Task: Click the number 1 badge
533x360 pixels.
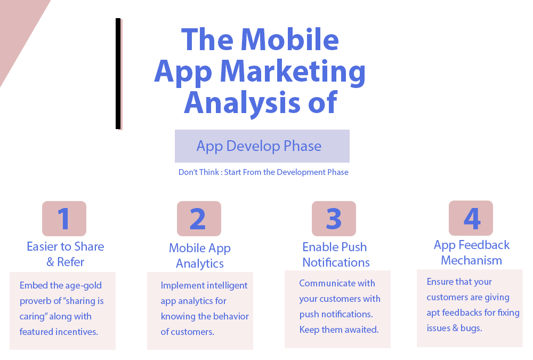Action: [64, 219]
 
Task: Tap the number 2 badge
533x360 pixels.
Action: [199, 219]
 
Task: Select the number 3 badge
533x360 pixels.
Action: [334, 219]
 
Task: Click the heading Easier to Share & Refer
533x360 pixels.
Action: [65, 254]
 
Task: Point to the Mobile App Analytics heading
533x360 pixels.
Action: [200, 255]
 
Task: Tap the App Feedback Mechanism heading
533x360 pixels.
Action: [472, 252]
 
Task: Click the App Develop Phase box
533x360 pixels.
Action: [262, 146]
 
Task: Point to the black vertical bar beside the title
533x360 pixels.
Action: [118, 74]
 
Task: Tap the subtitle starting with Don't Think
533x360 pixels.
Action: [263, 172]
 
